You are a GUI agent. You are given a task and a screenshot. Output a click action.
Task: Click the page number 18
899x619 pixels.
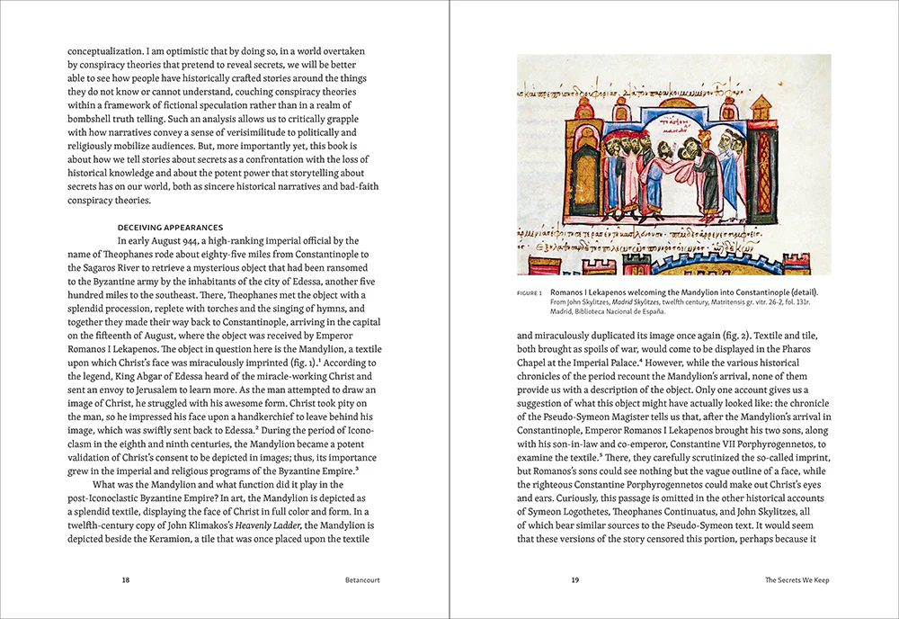point(126,580)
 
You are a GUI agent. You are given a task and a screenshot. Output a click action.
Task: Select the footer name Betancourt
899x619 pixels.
point(362,580)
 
